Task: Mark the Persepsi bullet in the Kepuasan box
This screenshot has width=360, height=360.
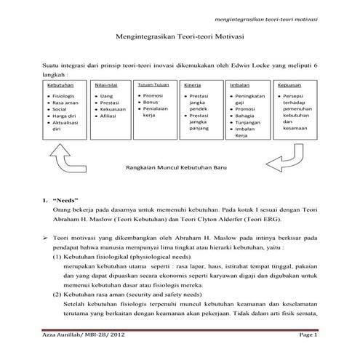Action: click(294, 96)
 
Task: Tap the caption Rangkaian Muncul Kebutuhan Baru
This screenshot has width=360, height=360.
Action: click(172, 167)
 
